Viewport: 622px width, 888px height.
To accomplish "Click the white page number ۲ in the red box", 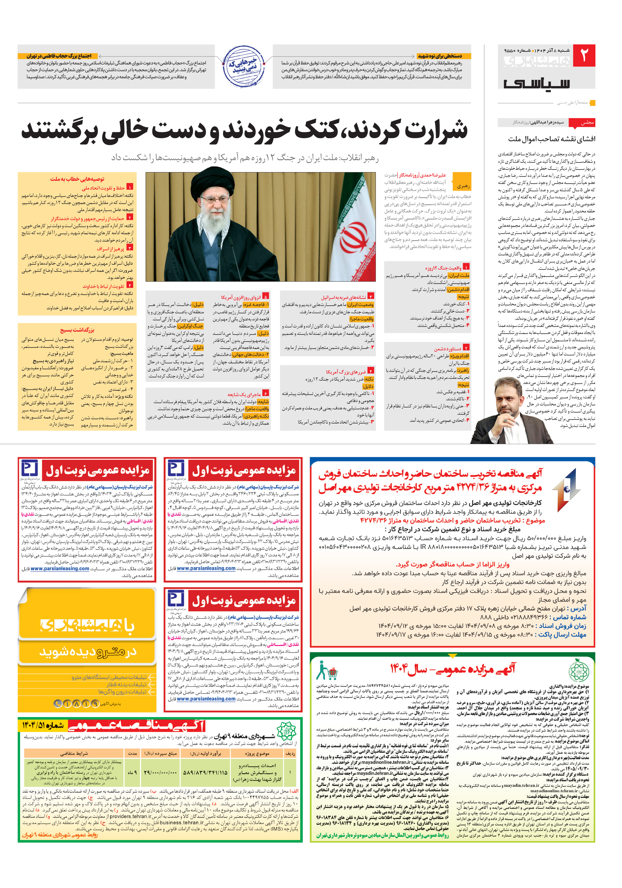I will [583, 55].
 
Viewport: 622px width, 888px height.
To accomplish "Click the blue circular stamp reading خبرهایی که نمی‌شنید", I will [243, 66].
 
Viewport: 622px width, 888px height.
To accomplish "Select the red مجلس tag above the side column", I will [586, 123].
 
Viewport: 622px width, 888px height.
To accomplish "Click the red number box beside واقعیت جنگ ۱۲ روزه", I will [466, 267].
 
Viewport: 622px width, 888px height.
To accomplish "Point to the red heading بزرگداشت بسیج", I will [77, 330].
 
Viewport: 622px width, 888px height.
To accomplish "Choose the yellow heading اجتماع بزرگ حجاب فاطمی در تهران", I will [59, 56].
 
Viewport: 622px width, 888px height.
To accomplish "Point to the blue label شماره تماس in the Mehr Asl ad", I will [569, 617].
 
